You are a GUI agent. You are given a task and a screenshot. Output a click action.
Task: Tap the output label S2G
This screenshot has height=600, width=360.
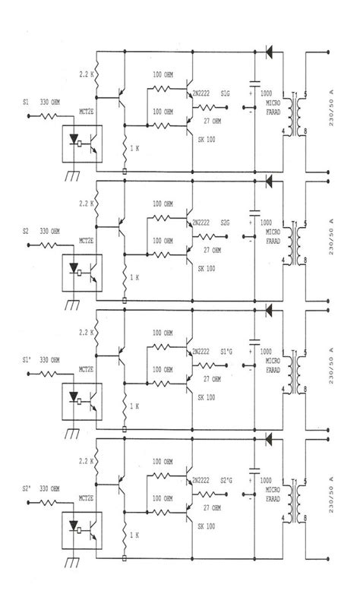click(x=226, y=223)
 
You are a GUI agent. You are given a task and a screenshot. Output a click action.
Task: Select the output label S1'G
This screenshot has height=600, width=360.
click(x=226, y=352)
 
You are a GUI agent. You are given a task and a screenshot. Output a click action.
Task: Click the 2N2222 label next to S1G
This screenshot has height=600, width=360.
click(x=201, y=93)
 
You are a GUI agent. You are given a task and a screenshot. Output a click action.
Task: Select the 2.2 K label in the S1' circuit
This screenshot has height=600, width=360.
click(x=85, y=333)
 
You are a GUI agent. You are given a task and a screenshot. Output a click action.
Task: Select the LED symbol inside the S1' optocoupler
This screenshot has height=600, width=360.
click(x=74, y=397)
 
